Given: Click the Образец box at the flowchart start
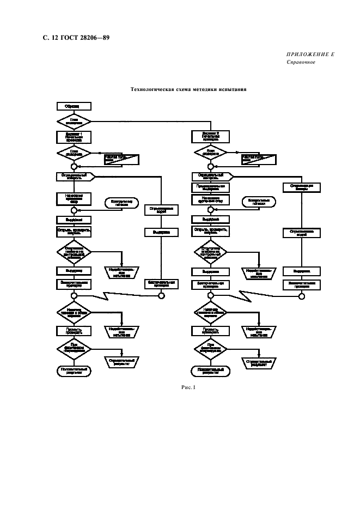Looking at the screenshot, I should [x=74, y=107].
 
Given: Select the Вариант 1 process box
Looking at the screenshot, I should [x=74, y=136].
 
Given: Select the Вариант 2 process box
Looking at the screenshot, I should [x=210, y=136].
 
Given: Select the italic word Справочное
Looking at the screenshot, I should [x=301, y=62].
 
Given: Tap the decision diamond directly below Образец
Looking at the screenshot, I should [x=74, y=120].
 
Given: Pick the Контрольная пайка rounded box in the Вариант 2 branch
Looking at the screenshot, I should [x=258, y=202].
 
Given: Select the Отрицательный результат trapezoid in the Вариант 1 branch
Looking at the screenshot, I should [x=121, y=361].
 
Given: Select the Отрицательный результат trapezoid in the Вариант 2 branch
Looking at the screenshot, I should [x=258, y=361].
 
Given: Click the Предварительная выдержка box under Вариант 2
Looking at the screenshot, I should [x=210, y=187].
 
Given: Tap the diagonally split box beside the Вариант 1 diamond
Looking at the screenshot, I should [x=121, y=159].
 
